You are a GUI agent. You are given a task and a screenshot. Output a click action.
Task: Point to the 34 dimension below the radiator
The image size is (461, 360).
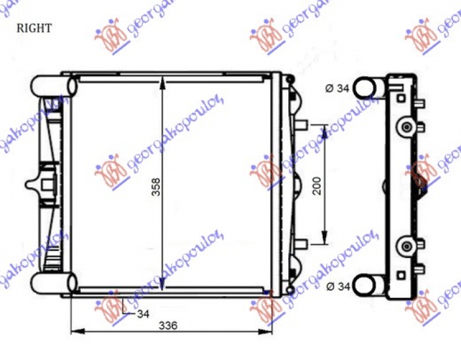(143, 314)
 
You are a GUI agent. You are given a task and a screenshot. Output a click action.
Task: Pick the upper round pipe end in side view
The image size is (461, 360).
(364, 88)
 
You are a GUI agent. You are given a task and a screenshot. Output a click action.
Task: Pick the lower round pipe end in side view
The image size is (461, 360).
(364, 284)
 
